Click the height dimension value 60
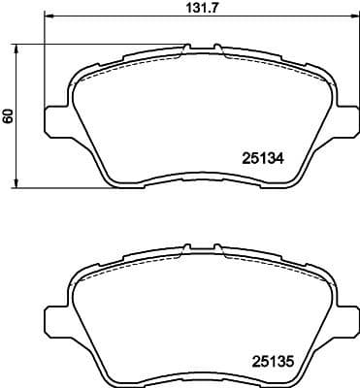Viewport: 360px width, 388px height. coord(9,115)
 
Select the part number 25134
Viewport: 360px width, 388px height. coord(261,157)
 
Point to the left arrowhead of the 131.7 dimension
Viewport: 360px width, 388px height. coord(50,17)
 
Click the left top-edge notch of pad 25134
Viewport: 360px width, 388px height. coord(185,46)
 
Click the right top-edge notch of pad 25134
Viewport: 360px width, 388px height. coord(217,46)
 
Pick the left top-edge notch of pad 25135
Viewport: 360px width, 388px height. coord(185,244)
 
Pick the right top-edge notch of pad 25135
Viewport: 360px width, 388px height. coord(217,244)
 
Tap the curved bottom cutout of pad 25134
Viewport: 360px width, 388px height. coord(199,177)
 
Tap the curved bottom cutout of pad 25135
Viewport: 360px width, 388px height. coord(199,375)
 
